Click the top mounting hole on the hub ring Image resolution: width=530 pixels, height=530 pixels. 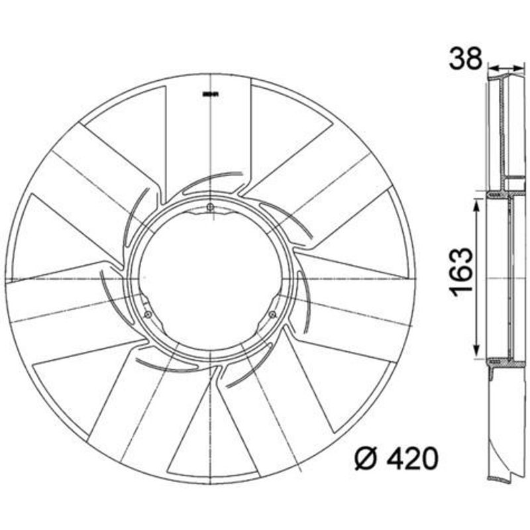pos(210,207)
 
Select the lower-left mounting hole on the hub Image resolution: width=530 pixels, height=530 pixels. pos(148,314)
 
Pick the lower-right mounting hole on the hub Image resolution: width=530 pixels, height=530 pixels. pos(272,314)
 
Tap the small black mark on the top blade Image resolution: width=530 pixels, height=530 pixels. pos(210,94)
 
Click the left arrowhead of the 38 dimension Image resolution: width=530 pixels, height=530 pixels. pos(492,68)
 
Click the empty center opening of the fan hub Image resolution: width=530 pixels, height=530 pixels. pos(210,278)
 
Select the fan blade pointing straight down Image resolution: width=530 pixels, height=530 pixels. pos(210,437)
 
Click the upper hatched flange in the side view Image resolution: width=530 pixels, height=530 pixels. pos(503,193)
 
